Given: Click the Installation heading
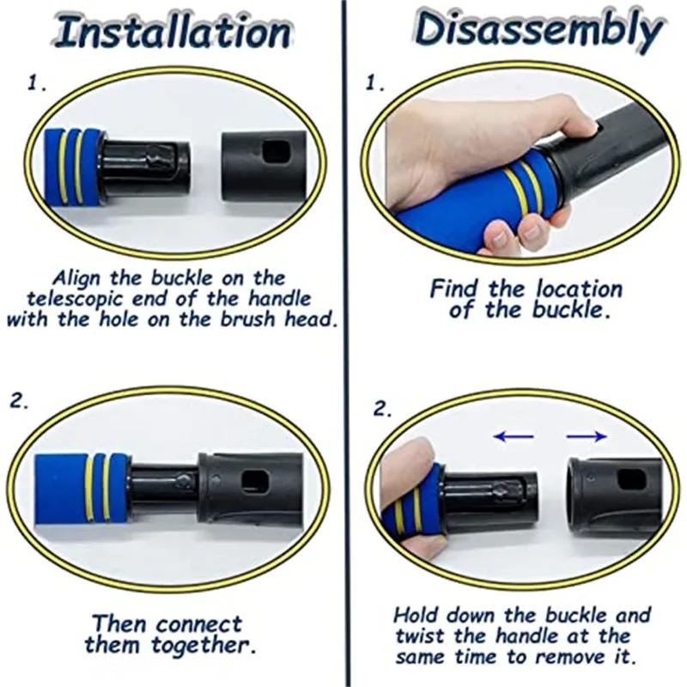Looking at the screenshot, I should tap(173, 32).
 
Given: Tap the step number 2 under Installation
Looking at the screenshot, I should tap(19, 402).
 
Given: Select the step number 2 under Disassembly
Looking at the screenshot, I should tap(381, 409).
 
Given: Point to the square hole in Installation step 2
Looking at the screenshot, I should tap(254, 481).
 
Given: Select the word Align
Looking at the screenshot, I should tap(76, 278).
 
